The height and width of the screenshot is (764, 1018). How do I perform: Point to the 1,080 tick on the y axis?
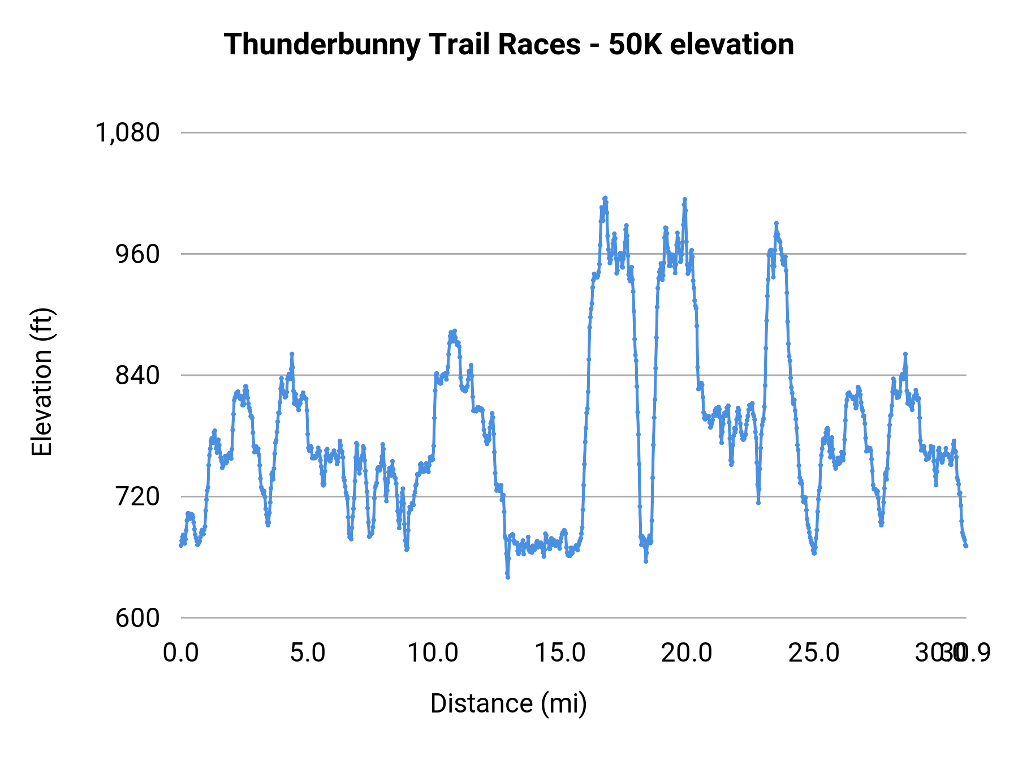[128, 133]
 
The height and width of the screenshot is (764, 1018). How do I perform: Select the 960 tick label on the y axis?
[138, 254]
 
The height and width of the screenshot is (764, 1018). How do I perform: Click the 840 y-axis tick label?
[138, 375]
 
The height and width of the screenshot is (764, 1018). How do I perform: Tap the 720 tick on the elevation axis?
[138, 496]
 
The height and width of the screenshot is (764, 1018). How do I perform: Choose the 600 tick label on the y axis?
[138, 618]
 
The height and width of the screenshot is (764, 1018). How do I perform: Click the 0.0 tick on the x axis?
[181, 653]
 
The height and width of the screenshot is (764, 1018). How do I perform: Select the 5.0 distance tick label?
[308, 653]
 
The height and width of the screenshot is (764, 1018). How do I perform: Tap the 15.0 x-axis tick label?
[560, 653]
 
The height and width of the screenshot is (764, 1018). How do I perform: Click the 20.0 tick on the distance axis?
[687, 653]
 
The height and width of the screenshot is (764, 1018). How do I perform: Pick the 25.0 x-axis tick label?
[814, 653]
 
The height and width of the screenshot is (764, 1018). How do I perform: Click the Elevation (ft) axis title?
[42, 382]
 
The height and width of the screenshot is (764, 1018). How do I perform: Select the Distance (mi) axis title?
[508, 703]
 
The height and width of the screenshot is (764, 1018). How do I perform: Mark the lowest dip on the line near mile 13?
[508, 577]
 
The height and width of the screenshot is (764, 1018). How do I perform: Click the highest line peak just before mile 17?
[605, 198]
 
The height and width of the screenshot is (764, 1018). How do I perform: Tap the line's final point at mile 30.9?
[966, 546]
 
